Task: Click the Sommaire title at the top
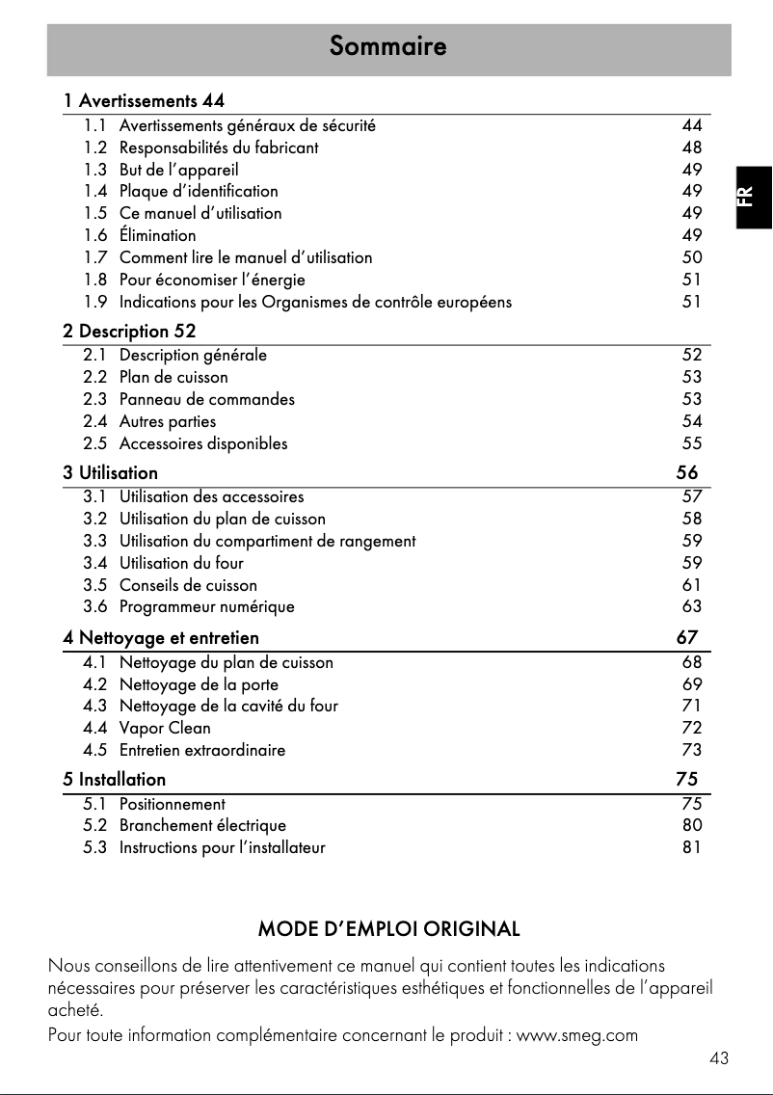coord(387,46)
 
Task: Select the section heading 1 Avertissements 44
coord(145,100)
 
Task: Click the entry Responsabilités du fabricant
coord(219,147)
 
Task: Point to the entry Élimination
coord(157,235)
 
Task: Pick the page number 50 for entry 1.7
coord(691,257)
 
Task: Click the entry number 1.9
coord(94,302)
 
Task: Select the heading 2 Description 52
coord(129,332)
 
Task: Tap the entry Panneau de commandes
coord(207,399)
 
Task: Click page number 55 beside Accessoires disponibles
coord(691,443)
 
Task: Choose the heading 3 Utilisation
coord(111,473)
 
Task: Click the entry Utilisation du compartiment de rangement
coord(268,541)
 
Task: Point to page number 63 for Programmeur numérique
coord(691,607)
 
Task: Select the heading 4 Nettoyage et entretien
coord(161,638)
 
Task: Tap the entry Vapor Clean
coord(165,728)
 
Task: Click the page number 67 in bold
coord(686,638)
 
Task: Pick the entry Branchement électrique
coord(202,826)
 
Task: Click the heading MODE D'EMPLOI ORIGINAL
coord(388,930)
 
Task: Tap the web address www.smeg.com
coord(577,1036)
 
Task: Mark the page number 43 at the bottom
coord(718,1058)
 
